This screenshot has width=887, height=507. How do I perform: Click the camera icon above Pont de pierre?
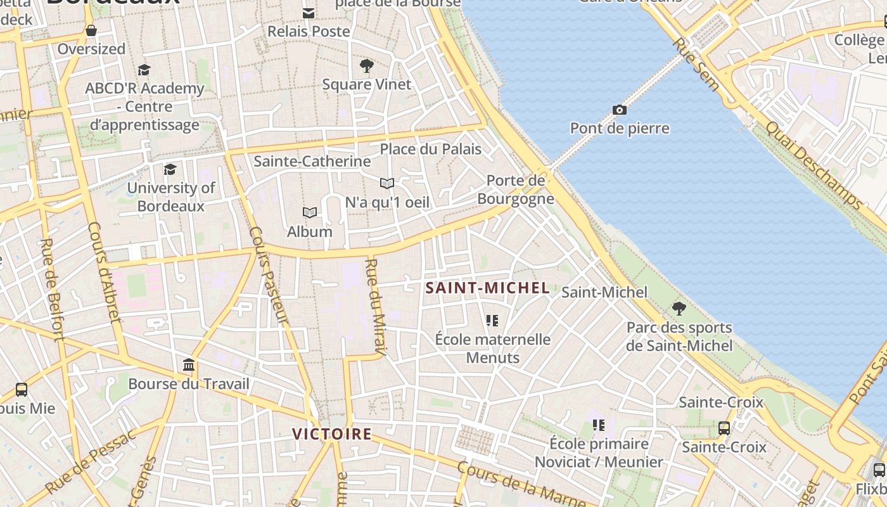(x=620, y=110)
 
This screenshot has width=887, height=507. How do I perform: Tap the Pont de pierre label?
(x=620, y=129)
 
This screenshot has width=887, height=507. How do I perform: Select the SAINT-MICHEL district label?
(x=487, y=288)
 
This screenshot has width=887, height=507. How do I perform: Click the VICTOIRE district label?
(x=331, y=434)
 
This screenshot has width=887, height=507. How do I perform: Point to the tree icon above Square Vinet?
(x=366, y=65)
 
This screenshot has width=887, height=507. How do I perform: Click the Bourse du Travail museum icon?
(x=189, y=365)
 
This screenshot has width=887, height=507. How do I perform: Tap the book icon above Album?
(x=310, y=212)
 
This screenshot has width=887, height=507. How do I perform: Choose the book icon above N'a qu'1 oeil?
(x=387, y=183)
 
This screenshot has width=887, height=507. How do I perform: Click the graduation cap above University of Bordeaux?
(x=170, y=169)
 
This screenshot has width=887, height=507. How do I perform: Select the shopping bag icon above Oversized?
(x=91, y=30)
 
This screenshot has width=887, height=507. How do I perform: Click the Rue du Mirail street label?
(x=376, y=307)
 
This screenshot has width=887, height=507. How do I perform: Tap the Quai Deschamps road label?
(x=814, y=164)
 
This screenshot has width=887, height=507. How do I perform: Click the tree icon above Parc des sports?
(x=679, y=309)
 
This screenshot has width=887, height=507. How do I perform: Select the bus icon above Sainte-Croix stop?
(x=724, y=428)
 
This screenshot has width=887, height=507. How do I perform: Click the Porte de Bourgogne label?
(x=516, y=189)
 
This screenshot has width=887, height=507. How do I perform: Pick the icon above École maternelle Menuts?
(x=492, y=321)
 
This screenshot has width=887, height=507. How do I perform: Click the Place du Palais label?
(x=431, y=150)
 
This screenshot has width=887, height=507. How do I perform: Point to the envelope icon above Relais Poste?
(x=309, y=13)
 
